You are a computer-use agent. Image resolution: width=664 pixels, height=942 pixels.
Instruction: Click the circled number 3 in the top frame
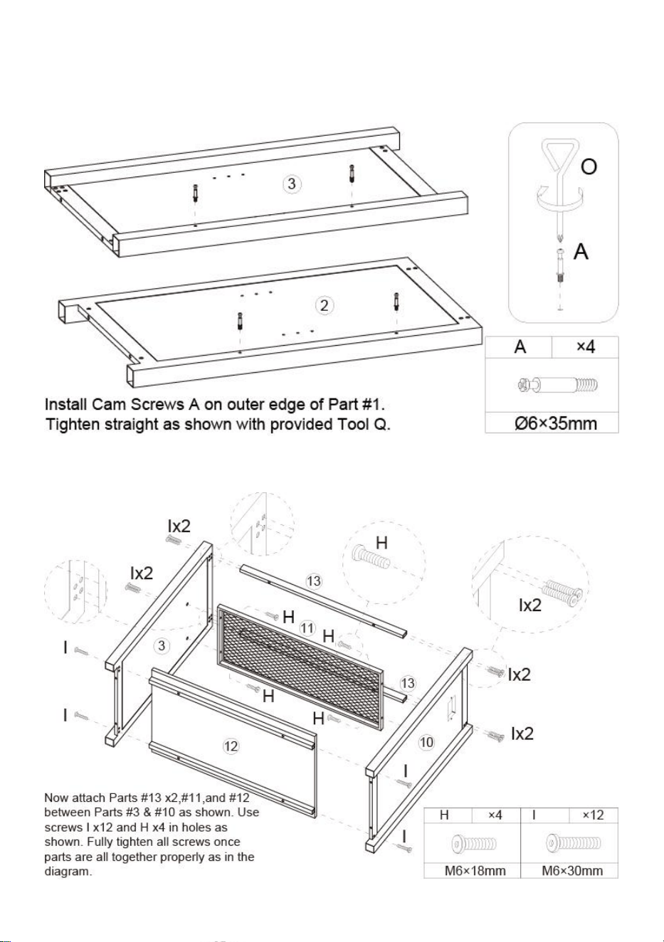(292, 184)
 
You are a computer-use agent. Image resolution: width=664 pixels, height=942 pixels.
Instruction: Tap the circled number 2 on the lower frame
(324, 305)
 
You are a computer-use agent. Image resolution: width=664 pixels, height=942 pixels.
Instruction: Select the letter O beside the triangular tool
(589, 167)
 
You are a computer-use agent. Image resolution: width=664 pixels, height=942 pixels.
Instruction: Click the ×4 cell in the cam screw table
(585, 347)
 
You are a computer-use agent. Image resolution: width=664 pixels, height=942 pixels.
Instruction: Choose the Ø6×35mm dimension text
(555, 423)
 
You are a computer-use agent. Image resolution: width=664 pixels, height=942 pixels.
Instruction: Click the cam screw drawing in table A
(557, 385)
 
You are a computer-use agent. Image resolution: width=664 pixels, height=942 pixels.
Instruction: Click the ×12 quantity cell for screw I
(593, 815)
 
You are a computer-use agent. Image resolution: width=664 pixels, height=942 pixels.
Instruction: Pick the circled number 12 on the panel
(230, 746)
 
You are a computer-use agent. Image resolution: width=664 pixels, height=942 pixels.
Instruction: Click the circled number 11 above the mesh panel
(307, 628)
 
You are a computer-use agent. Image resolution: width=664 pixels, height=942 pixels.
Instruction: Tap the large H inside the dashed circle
(381, 543)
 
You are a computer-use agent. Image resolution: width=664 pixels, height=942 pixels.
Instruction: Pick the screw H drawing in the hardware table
(474, 844)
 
